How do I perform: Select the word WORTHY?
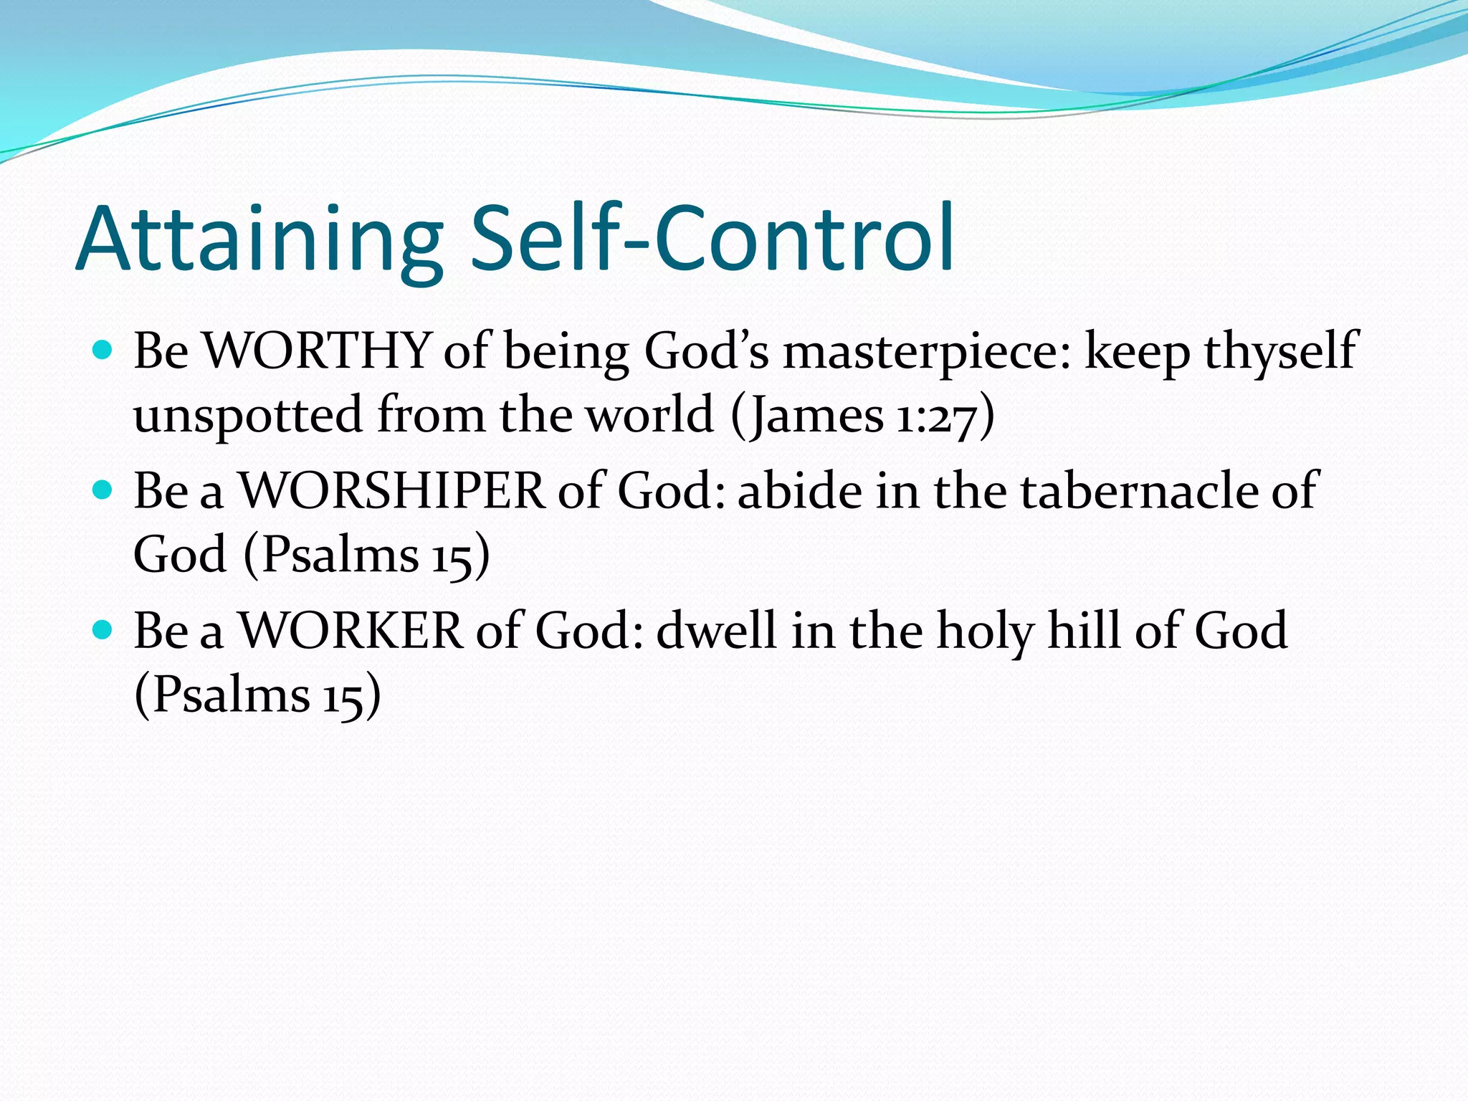point(316,351)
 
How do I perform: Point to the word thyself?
point(1280,351)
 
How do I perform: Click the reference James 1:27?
point(863,416)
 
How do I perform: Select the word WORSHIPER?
point(391,491)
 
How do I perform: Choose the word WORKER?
point(351,631)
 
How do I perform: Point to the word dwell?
point(716,631)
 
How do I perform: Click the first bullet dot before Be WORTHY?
point(103,351)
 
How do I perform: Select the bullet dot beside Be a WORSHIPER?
point(103,490)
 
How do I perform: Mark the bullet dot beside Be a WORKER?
point(103,630)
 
